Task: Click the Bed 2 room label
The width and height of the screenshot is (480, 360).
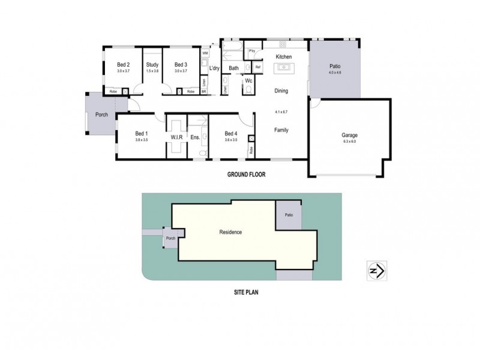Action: [x=124, y=65]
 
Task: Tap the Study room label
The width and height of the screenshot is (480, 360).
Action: [x=152, y=65]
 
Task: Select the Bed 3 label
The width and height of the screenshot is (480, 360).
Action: [x=181, y=65]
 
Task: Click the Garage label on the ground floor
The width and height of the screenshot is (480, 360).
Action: [x=349, y=136]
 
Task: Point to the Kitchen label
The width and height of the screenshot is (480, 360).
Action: [x=283, y=57]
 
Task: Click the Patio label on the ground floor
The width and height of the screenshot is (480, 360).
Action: [x=334, y=67]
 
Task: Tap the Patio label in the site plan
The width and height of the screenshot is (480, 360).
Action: [x=289, y=215]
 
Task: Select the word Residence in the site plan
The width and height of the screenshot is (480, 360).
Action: [x=230, y=232]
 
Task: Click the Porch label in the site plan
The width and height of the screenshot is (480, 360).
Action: [x=171, y=239]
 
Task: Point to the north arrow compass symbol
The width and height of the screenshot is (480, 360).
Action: [x=377, y=271]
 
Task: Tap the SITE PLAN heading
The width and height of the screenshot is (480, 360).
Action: [x=246, y=294]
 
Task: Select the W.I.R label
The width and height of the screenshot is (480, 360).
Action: [x=176, y=137]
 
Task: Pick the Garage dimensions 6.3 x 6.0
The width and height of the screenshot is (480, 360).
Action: [x=349, y=142]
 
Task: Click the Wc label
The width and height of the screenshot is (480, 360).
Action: [x=248, y=80]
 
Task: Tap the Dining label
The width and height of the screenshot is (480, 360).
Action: [x=281, y=91]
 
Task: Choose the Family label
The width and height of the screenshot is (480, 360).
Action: [x=281, y=130]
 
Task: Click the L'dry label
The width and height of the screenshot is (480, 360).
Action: [x=214, y=68]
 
